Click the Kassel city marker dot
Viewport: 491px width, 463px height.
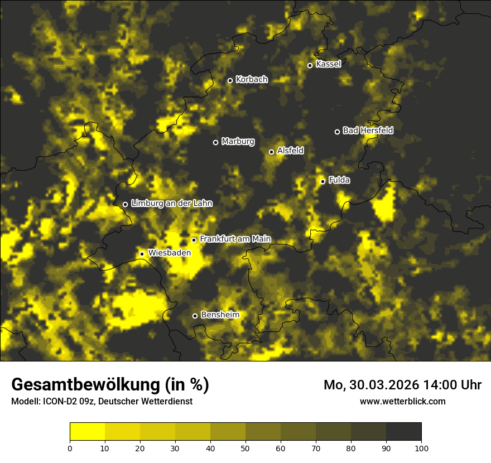point(310,65)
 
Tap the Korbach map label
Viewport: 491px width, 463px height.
point(252,80)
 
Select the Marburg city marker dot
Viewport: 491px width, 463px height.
point(215,142)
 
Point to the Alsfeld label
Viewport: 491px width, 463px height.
point(290,151)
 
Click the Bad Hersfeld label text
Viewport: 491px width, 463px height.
point(368,131)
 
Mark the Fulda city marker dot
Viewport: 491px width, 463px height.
point(322,181)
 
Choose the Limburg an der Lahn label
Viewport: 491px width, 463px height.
point(172,204)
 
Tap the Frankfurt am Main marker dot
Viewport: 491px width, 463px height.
point(194,240)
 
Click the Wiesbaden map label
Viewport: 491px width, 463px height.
point(170,253)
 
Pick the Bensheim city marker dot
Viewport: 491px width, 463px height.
point(195,316)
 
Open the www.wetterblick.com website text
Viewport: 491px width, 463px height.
point(403,401)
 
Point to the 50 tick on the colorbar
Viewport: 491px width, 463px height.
point(245,447)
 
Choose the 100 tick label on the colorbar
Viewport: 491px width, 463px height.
point(421,447)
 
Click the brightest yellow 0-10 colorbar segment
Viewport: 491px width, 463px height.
point(87,432)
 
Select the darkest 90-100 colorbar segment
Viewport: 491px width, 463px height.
point(403,432)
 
